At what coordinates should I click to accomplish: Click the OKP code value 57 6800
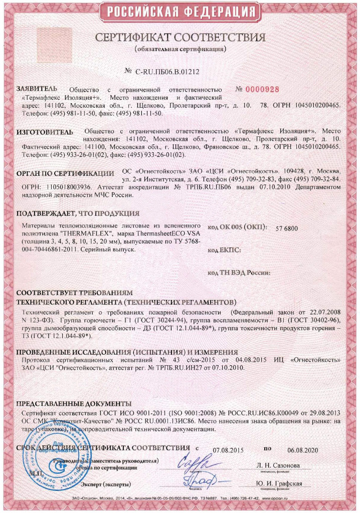(287, 228)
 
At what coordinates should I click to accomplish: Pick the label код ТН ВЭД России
(239, 273)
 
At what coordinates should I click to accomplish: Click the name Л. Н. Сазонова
(280, 466)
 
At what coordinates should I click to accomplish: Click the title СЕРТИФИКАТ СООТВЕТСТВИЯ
(180, 38)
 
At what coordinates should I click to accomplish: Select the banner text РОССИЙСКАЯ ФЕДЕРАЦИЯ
(180, 12)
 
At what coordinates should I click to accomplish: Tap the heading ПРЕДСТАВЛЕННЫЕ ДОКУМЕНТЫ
(74, 404)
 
